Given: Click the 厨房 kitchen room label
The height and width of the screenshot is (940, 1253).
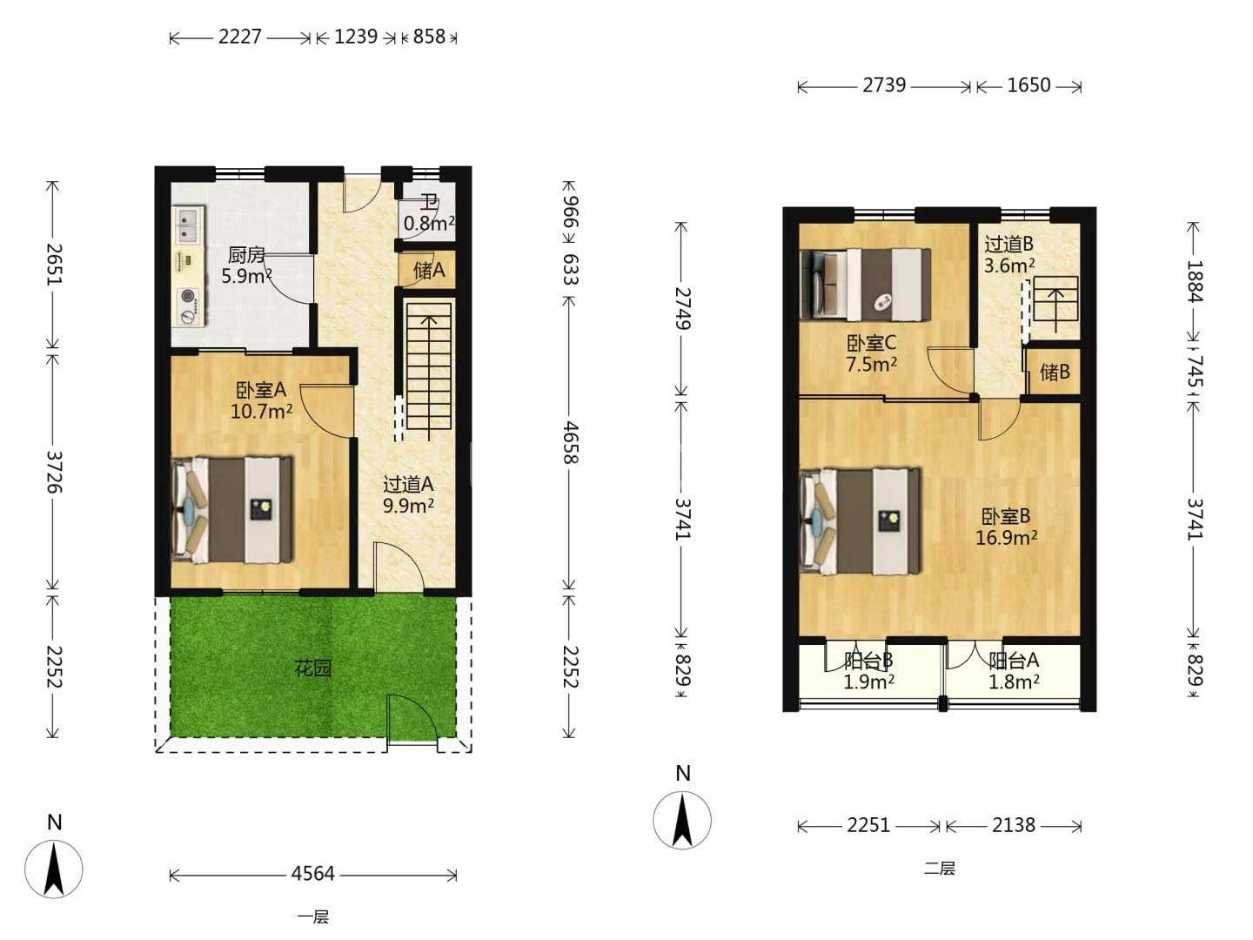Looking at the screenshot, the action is [246, 255].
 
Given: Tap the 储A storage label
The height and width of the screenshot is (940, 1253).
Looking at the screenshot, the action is [429, 270].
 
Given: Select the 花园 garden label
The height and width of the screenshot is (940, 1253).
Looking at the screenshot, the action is [313, 668].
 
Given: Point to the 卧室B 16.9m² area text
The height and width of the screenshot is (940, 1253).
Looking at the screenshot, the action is [1006, 527].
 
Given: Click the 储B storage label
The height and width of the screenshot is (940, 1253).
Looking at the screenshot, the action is [1055, 373].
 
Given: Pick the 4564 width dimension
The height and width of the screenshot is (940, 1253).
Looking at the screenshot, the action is [313, 874].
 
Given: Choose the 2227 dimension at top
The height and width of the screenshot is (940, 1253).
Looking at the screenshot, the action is [240, 37].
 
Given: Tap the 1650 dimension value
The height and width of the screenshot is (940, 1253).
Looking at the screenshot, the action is [1029, 85].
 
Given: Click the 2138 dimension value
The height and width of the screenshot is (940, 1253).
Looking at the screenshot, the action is [1013, 825].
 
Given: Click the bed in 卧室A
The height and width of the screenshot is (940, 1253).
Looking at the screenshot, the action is [232, 510].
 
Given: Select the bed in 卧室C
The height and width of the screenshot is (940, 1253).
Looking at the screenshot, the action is [866, 285].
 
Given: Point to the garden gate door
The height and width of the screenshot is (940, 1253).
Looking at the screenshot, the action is [412, 718].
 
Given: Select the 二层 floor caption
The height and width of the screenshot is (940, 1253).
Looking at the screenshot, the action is [939, 869].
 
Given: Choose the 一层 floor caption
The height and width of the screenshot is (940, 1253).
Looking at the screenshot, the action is [313, 917].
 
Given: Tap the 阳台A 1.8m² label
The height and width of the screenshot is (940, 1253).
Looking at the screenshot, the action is [1013, 671].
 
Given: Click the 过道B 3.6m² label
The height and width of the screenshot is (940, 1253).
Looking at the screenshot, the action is [1008, 254].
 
